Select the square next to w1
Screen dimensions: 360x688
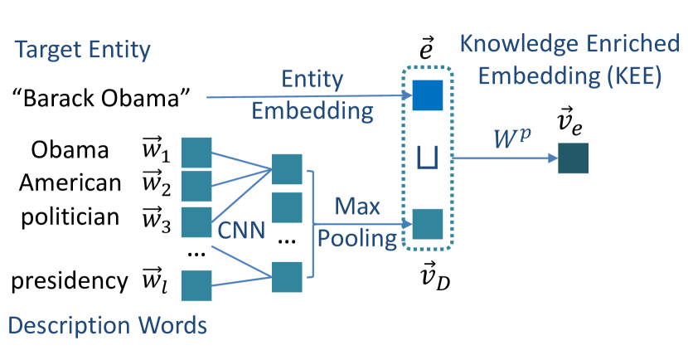(196, 153)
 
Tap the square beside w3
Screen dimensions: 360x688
(196, 221)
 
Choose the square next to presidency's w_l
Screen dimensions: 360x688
(196, 285)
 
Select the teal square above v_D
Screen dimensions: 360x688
(429, 224)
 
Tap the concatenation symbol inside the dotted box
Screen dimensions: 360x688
(429, 158)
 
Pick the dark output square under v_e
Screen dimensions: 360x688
(572, 158)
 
